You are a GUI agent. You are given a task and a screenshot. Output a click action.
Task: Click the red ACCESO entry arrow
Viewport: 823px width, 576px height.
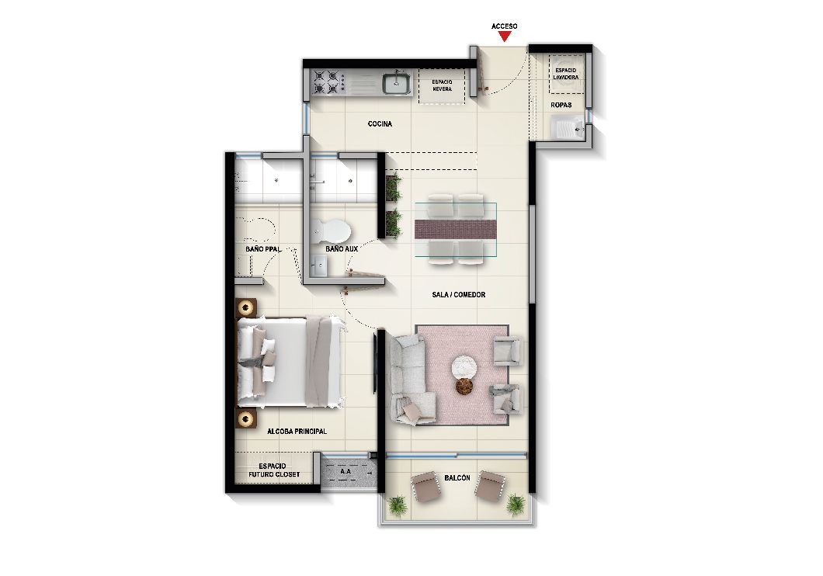(505, 36)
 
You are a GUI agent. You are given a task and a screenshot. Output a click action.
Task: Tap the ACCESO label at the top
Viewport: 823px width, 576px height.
(505, 26)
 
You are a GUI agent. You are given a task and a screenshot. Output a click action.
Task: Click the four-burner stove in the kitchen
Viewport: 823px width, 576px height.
(326, 82)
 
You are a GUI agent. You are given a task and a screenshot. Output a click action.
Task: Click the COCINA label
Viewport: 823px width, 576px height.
(380, 124)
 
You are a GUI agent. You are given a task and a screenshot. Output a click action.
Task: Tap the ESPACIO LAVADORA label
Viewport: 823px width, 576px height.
(566, 74)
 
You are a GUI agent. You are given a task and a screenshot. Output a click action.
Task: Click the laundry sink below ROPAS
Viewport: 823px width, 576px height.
(568, 127)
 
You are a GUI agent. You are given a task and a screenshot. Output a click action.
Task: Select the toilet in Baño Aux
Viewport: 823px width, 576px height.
(332, 231)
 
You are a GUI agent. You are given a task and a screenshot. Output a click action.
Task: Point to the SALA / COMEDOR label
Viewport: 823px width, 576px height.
(459, 295)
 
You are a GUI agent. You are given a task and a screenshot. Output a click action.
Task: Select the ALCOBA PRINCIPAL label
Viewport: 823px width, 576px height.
(297, 432)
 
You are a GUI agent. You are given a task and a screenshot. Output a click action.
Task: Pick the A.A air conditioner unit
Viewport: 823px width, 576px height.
(348, 471)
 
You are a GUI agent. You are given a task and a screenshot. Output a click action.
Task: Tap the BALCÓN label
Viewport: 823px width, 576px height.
(457, 478)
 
